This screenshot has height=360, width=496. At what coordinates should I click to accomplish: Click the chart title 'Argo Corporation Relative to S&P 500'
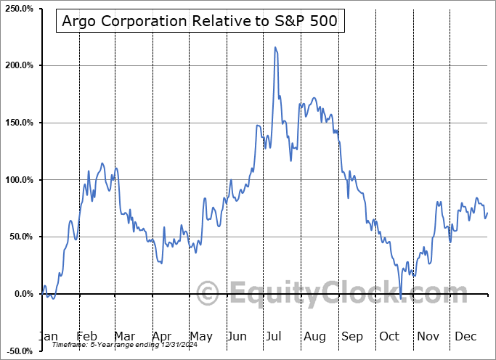(200, 21)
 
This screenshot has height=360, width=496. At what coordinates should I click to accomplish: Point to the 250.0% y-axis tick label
(17, 8)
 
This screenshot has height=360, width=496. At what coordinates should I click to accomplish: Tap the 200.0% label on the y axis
(17, 65)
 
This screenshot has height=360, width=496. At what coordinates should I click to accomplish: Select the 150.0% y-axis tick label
(17, 123)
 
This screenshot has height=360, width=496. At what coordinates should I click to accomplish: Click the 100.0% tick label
(17, 179)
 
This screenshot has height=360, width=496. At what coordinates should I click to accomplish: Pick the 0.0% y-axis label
(21, 294)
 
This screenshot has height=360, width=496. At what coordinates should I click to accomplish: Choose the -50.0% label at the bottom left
(17, 351)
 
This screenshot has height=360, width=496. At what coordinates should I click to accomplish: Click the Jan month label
(48, 336)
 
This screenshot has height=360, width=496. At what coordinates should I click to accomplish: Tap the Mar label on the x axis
(124, 336)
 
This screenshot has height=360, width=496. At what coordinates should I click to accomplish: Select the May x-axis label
(201, 336)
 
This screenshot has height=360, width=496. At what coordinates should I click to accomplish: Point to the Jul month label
(275, 336)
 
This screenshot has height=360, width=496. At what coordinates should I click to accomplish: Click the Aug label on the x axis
(314, 336)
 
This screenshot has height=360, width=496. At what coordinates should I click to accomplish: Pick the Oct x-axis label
(389, 336)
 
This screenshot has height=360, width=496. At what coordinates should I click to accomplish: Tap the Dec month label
(465, 336)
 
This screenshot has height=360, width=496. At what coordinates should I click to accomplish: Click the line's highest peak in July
(275, 47)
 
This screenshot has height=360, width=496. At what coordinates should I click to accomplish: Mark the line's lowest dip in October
(401, 298)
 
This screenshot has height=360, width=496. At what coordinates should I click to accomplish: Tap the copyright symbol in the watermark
(208, 293)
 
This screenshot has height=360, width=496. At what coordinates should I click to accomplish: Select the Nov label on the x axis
(427, 336)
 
